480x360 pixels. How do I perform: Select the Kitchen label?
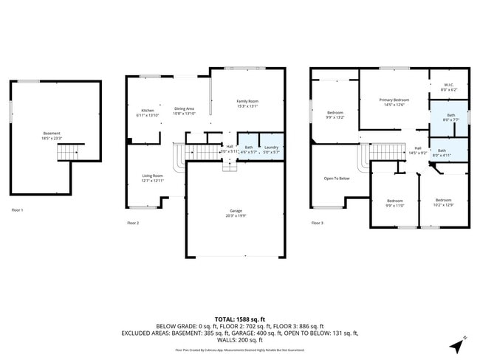[148, 113]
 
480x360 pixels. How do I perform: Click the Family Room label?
[247, 103]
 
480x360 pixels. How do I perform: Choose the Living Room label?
[152, 178]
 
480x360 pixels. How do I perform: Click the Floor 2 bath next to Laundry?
[248, 150]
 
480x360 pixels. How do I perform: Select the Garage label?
[235, 213]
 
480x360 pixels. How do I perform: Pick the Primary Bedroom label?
[394, 102]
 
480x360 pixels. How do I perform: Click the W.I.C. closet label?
[449, 87]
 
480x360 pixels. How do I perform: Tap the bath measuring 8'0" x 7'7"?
[450, 117]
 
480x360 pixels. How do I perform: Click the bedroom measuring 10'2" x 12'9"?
[443, 202]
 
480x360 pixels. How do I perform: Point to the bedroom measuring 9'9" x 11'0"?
[395, 203]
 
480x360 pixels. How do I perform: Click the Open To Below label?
[337, 179]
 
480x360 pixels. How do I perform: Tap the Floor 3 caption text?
[317, 222]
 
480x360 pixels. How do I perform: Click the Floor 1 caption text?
[17, 210]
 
